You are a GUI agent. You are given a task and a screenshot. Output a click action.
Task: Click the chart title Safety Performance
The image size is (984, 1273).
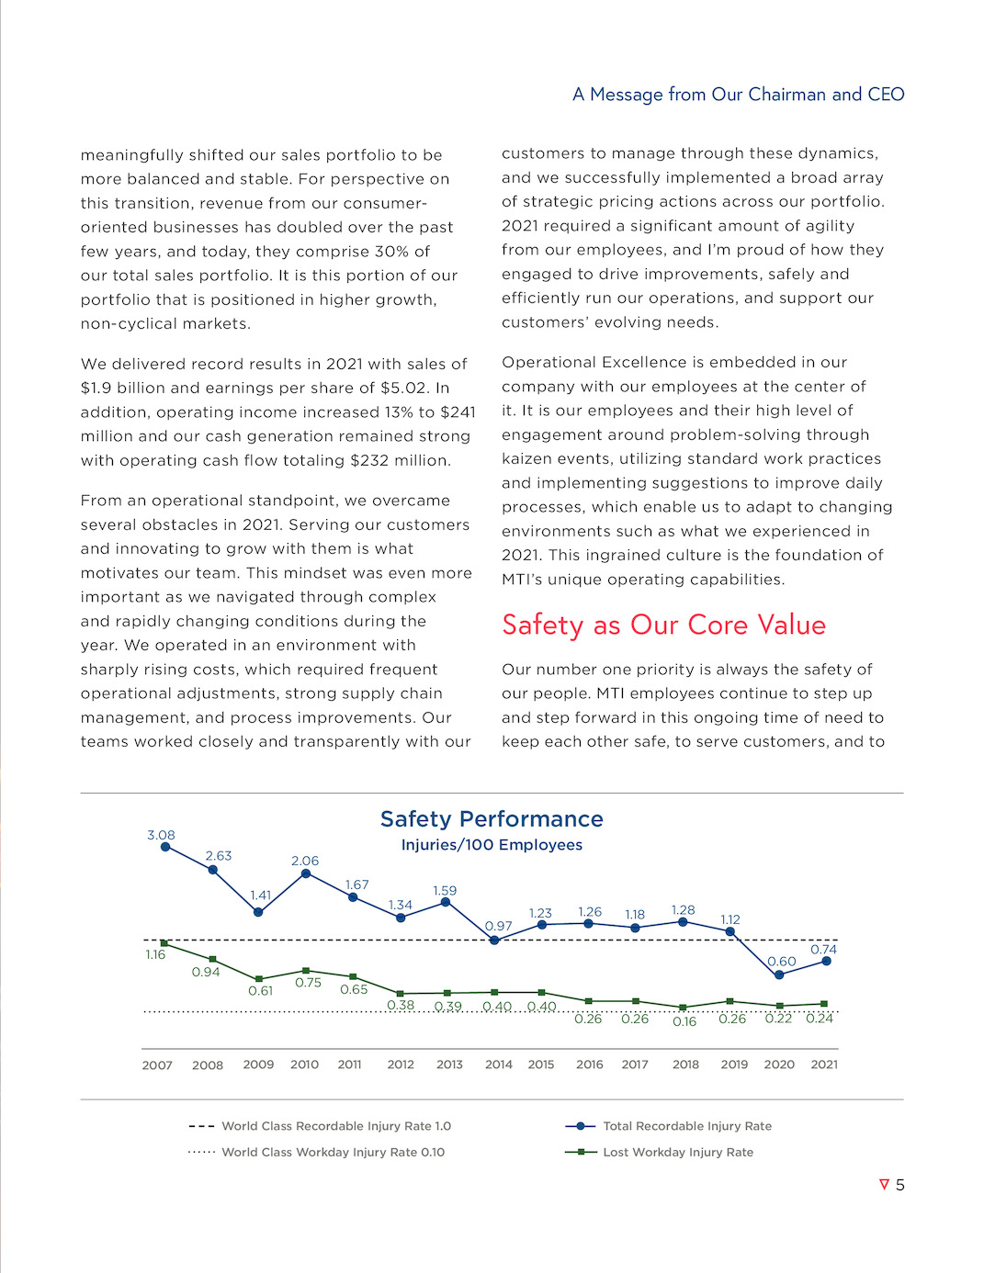(x=492, y=819)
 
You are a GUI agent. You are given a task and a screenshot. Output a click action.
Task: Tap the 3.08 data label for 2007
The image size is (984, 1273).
(x=161, y=835)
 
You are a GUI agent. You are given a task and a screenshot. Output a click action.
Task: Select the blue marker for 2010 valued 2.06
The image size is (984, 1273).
(x=306, y=873)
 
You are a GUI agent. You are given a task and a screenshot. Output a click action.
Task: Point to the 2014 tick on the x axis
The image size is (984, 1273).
(x=498, y=1065)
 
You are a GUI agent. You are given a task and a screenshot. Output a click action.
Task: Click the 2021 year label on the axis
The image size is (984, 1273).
(x=824, y=1065)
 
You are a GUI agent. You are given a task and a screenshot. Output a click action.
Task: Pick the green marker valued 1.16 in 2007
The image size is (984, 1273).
(x=164, y=943)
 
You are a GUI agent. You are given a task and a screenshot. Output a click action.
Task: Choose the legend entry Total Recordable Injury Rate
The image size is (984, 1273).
(x=686, y=1126)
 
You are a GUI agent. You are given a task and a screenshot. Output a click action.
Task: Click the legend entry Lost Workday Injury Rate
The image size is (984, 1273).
(x=677, y=1152)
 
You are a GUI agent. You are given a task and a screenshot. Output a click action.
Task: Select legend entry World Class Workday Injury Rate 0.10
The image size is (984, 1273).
(x=333, y=1152)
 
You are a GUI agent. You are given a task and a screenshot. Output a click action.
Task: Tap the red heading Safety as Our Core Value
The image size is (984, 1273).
(x=663, y=625)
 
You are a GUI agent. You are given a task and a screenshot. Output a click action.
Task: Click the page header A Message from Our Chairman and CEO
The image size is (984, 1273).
(x=738, y=95)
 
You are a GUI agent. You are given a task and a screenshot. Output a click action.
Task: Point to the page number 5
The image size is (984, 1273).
(x=899, y=1185)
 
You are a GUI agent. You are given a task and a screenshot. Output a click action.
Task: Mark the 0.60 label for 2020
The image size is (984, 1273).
(x=782, y=962)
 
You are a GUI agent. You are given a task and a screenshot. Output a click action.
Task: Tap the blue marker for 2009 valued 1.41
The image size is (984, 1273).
(x=258, y=912)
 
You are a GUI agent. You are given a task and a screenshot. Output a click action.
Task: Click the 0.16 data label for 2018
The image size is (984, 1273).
(x=684, y=1021)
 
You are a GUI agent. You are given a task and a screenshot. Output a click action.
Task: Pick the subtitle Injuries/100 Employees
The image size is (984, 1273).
(x=492, y=845)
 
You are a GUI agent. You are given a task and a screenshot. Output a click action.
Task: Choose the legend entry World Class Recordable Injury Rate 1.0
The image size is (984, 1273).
(x=335, y=1126)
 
